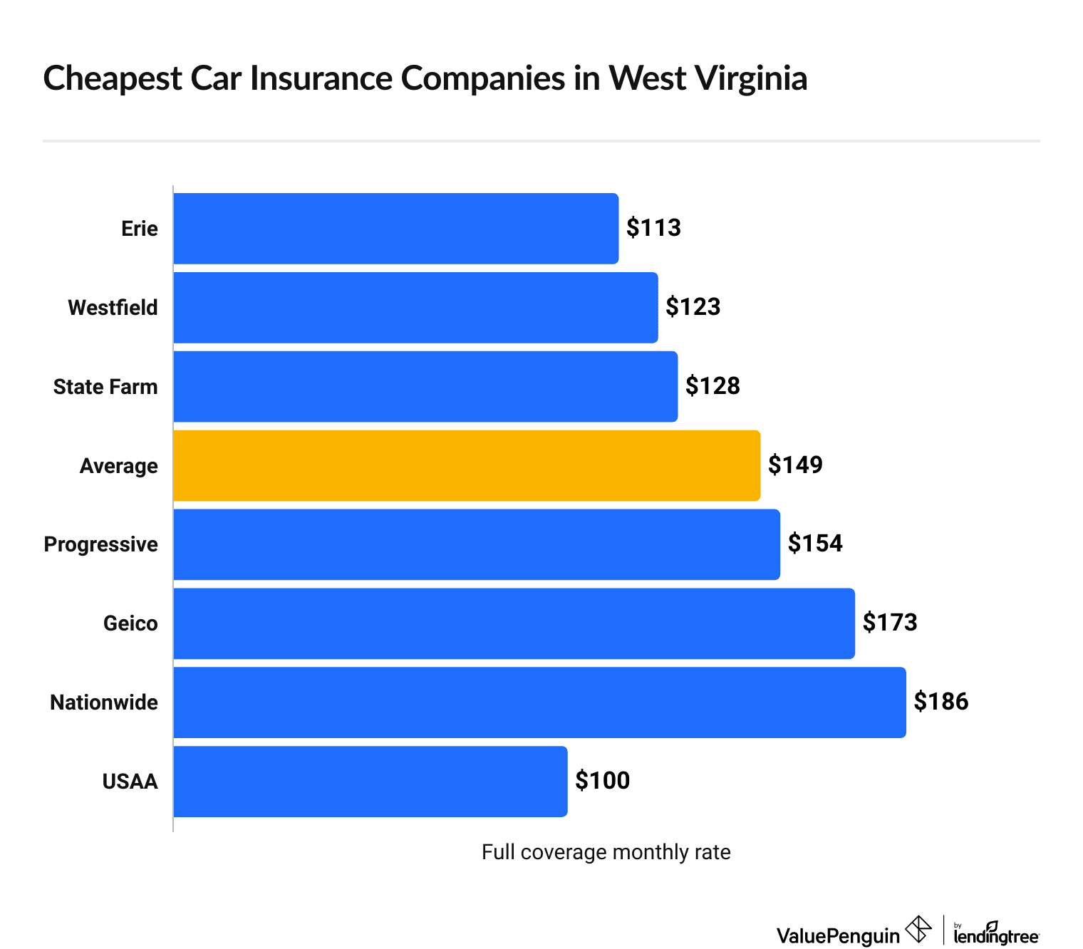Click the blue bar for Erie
point(395,228)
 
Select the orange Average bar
point(467,465)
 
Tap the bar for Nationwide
point(539,702)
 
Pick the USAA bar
point(370,781)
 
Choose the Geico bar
point(514,623)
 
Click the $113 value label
point(653,228)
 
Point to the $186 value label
point(941,702)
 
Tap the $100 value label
point(602,781)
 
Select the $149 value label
point(795,465)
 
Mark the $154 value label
point(815,544)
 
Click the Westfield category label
point(113,308)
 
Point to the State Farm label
point(105,387)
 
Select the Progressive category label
point(100,544)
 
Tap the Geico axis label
point(130,623)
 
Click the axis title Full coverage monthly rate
point(606,852)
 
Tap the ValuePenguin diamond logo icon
point(918,930)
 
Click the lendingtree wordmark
point(996,935)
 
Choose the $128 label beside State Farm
point(712,386)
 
